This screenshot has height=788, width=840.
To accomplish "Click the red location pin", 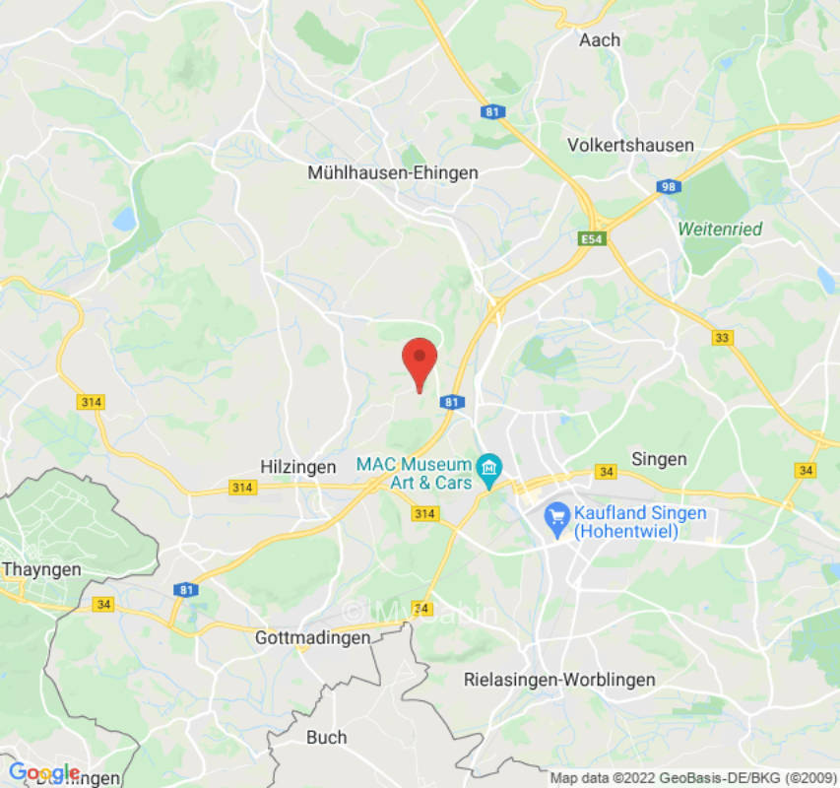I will (420, 362).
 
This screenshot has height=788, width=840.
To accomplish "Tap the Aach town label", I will (600, 40).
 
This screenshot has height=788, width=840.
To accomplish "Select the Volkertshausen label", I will (630, 145).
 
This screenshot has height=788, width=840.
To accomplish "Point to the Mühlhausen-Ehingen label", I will (393, 172).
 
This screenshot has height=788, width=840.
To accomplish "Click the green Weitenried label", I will (720, 229).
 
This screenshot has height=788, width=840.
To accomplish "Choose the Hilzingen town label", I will (298, 467).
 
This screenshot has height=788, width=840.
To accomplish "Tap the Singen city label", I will (659, 459).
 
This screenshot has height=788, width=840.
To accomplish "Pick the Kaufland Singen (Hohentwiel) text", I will (640, 523).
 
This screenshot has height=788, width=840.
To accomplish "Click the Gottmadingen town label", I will (313, 637).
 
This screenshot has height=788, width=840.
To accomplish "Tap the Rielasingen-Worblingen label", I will (559, 680).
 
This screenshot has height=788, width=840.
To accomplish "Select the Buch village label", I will (326, 737).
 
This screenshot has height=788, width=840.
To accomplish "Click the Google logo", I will (43, 772).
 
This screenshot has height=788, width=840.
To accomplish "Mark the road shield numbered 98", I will (670, 187).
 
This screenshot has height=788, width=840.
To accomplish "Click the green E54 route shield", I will (590, 238).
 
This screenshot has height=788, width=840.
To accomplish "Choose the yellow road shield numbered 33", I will (723, 338).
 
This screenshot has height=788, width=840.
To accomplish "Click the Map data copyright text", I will (692, 778).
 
